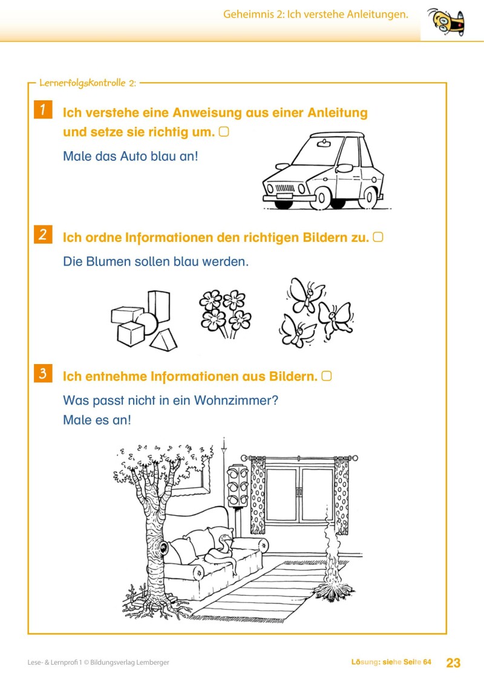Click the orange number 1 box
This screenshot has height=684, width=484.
[x=42, y=110]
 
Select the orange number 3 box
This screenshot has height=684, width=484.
[x=42, y=374]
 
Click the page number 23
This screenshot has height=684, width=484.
[x=453, y=663]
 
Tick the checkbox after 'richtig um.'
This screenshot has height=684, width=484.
[x=223, y=131]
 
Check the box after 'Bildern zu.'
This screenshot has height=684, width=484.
[x=378, y=237]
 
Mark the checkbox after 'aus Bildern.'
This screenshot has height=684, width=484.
[x=327, y=376]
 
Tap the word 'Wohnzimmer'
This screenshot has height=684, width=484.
[x=232, y=400]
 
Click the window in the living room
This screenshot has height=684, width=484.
[x=300, y=495]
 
